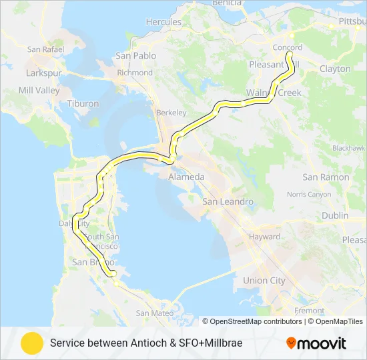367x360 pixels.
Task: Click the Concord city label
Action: pos(288,47)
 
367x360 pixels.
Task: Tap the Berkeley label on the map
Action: pos(171,113)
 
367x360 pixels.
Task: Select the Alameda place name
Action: pos(186,177)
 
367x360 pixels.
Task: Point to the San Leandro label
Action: pos(228,201)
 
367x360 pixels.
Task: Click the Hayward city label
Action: pos(264,237)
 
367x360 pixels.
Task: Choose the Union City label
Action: pos(264,281)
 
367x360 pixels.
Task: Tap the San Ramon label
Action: pos(326,177)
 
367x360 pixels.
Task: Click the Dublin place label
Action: pos(335,216)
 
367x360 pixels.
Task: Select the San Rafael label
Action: pos(44,49)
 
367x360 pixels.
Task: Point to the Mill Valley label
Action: pos(39,90)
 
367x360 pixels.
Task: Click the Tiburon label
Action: pos(83,104)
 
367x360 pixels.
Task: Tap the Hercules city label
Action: pos(163,22)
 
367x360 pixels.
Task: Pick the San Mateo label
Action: pos(155,313)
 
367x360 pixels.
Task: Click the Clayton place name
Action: pos(335,69)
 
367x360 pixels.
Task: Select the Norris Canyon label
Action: pos(309,195)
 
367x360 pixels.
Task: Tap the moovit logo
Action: pos(316,343)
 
